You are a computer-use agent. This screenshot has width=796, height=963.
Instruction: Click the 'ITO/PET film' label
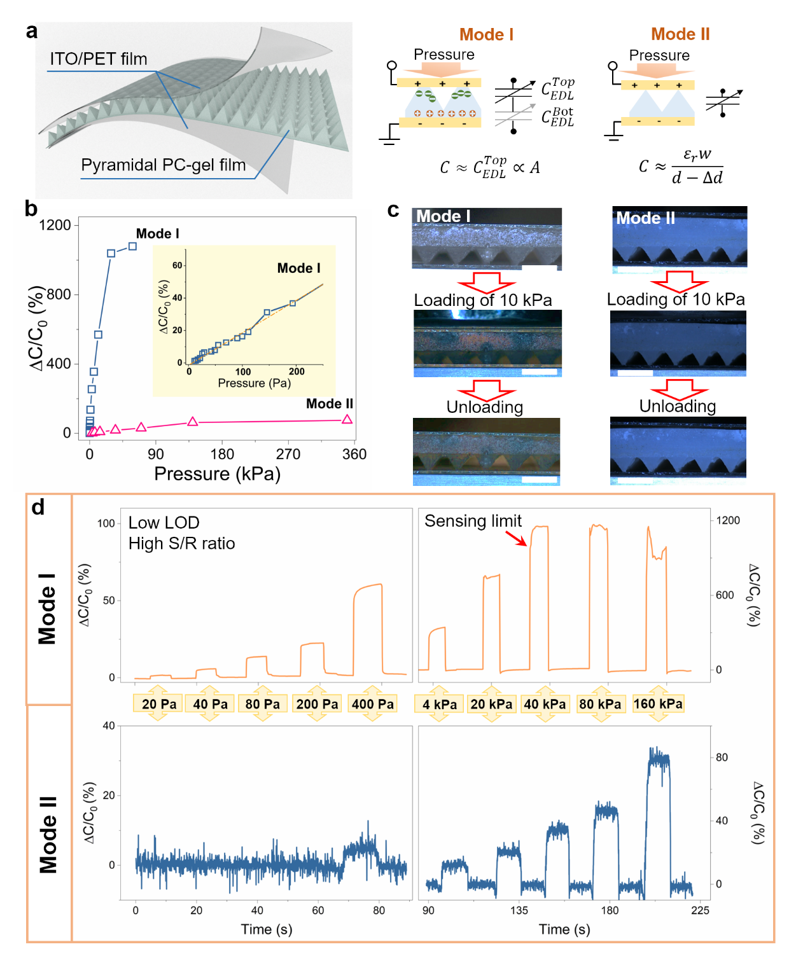click(99, 59)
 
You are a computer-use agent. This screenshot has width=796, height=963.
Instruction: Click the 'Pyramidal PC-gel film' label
click(163, 165)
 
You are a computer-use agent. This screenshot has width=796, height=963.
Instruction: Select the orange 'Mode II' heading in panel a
click(680, 34)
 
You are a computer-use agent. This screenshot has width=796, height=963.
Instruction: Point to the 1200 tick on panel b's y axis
click(55, 225)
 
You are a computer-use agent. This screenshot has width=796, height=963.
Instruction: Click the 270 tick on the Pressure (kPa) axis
click(288, 454)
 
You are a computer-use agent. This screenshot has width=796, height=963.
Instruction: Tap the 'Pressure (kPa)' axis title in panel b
click(217, 474)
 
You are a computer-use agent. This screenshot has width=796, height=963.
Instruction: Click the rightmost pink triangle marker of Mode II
click(347, 419)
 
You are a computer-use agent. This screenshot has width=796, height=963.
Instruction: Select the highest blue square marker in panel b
click(132, 246)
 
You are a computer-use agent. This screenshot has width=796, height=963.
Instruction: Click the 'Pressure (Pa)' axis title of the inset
click(254, 383)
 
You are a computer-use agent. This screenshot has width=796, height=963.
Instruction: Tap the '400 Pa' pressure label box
click(373, 704)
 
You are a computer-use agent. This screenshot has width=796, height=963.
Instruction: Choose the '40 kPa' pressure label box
click(545, 704)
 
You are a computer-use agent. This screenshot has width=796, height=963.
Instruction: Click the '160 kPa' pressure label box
click(658, 703)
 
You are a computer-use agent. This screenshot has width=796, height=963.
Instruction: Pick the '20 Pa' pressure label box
click(159, 704)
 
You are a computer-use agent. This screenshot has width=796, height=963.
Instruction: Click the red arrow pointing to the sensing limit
click(516, 538)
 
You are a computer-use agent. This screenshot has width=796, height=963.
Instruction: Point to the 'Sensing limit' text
click(473, 521)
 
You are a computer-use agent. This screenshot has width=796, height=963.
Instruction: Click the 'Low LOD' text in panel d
click(164, 523)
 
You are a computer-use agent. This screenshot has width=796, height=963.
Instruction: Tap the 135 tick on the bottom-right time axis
click(519, 910)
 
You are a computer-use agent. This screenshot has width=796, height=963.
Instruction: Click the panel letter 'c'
click(393, 210)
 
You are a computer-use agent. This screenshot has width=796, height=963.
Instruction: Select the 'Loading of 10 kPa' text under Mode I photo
click(483, 300)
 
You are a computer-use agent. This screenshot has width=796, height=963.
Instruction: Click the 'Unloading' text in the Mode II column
click(677, 406)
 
